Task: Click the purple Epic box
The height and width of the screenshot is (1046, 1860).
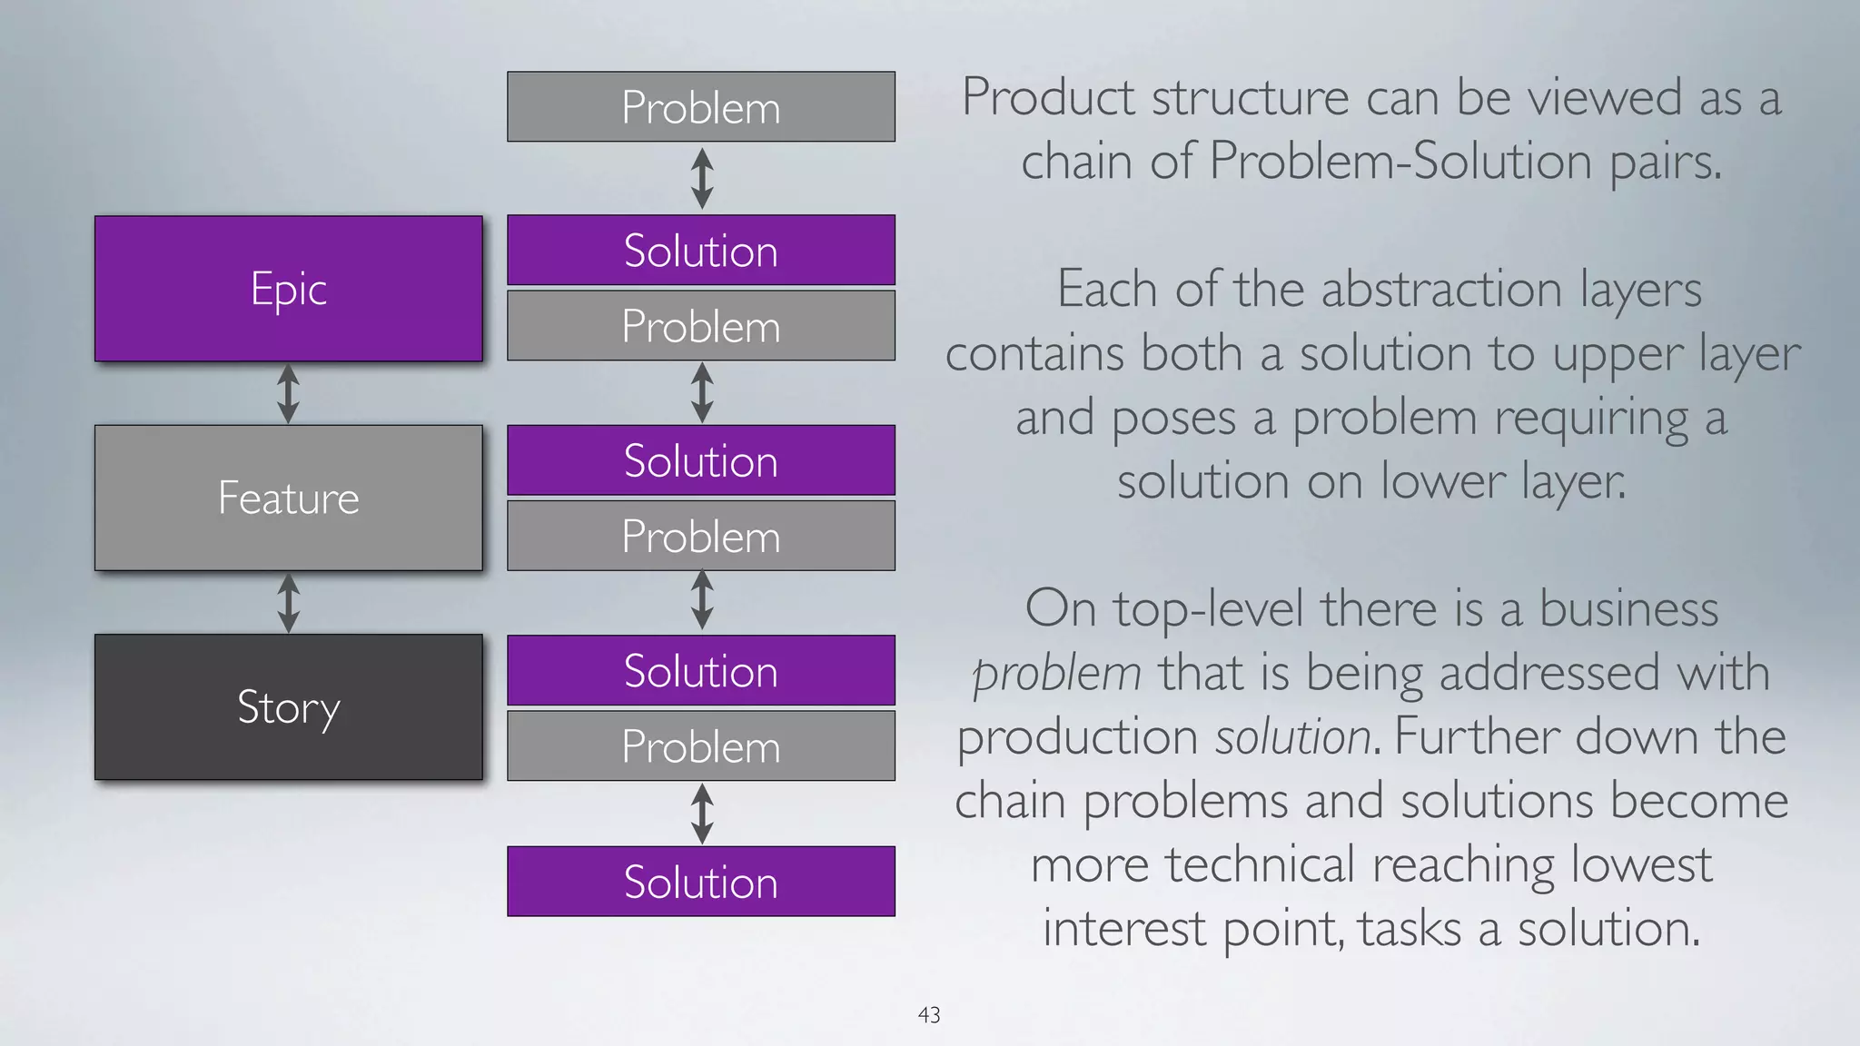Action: [288, 289]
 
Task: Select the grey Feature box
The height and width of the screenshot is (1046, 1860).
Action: [288, 498]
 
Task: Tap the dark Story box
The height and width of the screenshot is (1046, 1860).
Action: [288, 706]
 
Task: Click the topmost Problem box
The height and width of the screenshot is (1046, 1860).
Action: [700, 107]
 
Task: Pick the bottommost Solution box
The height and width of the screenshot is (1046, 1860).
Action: [700, 882]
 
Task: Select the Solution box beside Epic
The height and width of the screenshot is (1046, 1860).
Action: [700, 251]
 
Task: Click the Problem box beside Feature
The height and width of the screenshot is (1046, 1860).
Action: [700, 536]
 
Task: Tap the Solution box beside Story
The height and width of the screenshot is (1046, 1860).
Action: [700, 671]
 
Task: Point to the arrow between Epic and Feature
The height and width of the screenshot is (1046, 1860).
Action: [288, 393]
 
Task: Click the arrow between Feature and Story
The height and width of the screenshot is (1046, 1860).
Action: [288, 603]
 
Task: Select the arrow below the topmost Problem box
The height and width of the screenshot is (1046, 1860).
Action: [701, 179]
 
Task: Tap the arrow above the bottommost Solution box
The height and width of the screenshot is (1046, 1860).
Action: [701, 814]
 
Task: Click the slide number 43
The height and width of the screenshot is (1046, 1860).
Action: [929, 1015]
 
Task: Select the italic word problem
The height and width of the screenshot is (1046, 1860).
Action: [1056, 674]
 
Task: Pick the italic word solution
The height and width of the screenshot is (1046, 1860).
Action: [1293, 737]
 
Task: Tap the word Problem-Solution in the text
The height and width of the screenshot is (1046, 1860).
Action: [1400, 162]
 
